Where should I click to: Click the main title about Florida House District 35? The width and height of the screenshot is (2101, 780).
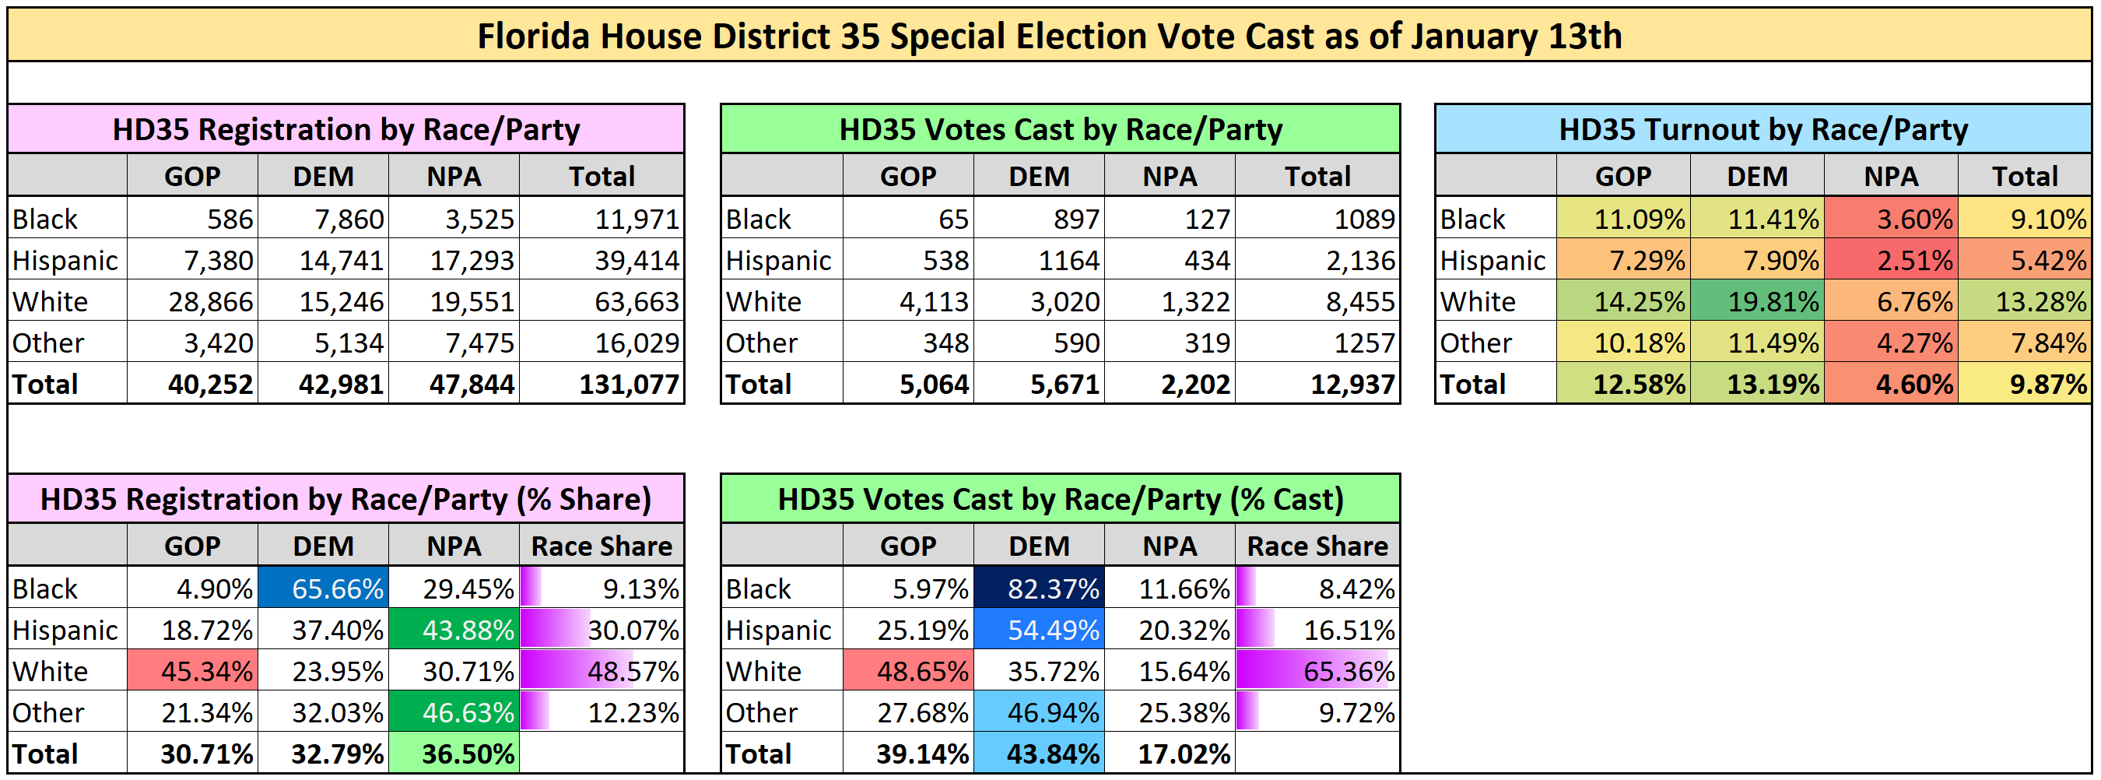click(1049, 37)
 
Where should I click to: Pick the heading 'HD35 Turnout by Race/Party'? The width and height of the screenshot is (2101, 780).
click(1763, 130)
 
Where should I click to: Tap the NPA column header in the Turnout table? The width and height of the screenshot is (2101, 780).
click(1891, 176)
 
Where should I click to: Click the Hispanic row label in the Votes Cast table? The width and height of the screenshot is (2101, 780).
click(778, 260)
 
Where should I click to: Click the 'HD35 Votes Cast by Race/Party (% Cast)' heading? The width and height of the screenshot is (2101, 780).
click(1061, 499)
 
